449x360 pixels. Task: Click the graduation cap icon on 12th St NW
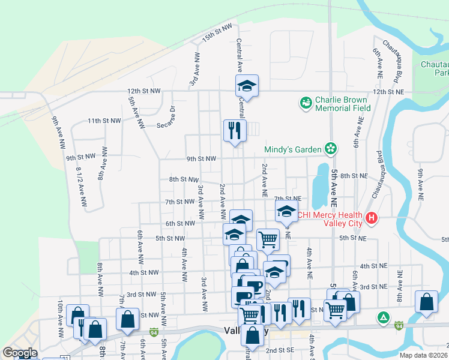coord(246,86)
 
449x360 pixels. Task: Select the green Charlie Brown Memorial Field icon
coord(306,103)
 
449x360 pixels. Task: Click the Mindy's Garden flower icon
coord(330,148)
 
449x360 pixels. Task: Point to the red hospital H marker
coord(372,218)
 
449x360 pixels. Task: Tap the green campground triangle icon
coord(382,316)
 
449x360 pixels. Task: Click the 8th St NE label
coord(353,176)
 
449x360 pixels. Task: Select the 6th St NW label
coord(180,224)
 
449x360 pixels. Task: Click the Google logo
coord(20,352)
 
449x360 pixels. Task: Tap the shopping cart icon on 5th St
coord(268,239)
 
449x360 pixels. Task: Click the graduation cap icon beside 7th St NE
coord(286,211)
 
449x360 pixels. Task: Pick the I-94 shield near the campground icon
coord(399,325)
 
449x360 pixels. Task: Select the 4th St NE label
coord(373,265)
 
